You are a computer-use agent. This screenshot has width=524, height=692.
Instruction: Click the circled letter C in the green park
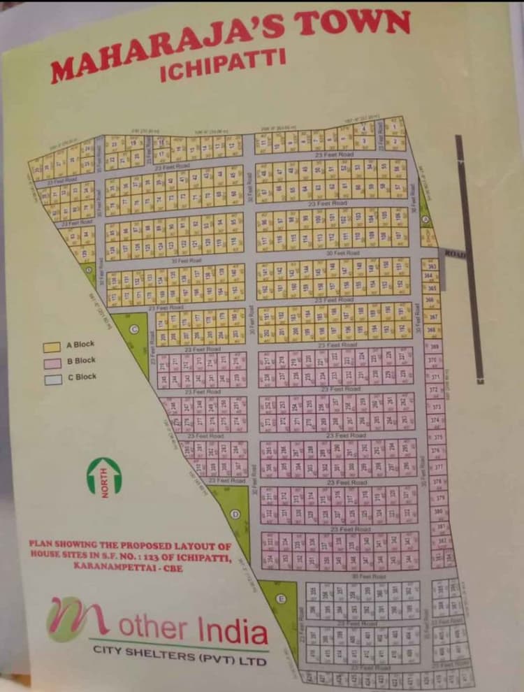click(135, 329)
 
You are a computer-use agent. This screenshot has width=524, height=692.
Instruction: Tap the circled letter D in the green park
click(235, 514)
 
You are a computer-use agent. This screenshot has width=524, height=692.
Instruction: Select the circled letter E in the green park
click(281, 598)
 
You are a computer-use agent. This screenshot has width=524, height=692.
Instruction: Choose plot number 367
click(432, 317)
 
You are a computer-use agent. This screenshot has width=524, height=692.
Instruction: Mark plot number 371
click(435, 377)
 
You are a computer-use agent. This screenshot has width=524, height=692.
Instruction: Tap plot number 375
click(438, 437)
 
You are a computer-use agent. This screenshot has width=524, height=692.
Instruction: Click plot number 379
click(440, 498)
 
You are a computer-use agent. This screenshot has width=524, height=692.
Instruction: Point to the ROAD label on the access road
click(455, 253)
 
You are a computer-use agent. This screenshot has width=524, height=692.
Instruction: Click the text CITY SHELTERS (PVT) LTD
click(180, 654)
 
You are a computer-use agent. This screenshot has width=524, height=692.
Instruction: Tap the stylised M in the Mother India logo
click(77, 619)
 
